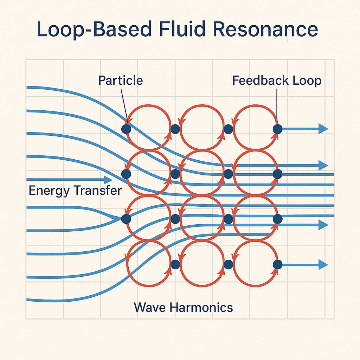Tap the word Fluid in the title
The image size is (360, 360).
click(187, 30)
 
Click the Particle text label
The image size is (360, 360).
click(121, 81)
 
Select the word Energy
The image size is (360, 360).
click(49, 191)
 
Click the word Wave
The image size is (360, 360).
click(149, 308)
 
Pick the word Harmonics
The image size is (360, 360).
click(201, 308)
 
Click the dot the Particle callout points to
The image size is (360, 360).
click(126, 129)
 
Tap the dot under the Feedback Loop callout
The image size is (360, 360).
click(277, 129)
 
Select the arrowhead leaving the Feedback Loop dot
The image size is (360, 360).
click(323, 129)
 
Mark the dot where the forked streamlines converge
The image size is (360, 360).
click(126, 219)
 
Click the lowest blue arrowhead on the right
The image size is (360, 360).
click(323, 264)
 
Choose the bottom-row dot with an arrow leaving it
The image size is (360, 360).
click(277, 264)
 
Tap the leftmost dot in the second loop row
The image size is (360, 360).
click(126, 174)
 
